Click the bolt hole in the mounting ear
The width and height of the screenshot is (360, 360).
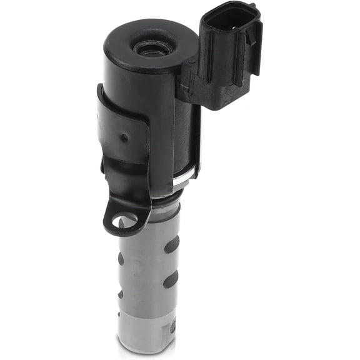pyautogui.click(x=124, y=221)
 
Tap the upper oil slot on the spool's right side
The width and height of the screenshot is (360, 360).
pyautogui.click(x=171, y=244)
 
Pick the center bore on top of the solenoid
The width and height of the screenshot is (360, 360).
pyautogui.click(x=150, y=48)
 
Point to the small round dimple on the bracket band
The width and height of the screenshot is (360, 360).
pyautogui.click(x=124, y=137)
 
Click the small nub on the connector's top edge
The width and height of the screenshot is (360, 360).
pyautogui.click(x=252, y=6)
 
